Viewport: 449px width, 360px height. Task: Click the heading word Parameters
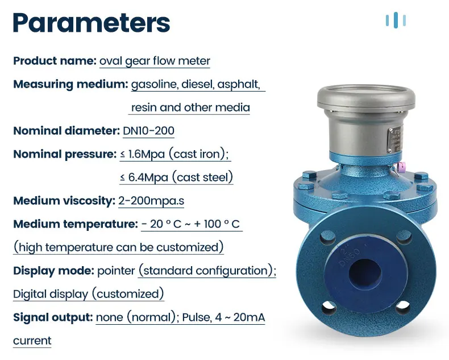click(x=91, y=23)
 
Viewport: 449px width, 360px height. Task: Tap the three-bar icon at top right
click(x=396, y=20)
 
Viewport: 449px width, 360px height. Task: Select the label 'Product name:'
click(x=55, y=61)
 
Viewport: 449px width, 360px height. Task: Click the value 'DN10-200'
click(x=148, y=131)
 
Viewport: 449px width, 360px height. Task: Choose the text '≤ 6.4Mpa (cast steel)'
click(x=176, y=177)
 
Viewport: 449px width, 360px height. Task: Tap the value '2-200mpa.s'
click(x=151, y=201)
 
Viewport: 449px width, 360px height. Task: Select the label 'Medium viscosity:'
click(x=64, y=201)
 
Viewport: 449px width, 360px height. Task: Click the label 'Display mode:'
click(x=53, y=271)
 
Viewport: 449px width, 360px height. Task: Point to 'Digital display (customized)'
click(x=89, y=294)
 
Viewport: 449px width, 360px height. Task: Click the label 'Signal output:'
click(x=53, y=317)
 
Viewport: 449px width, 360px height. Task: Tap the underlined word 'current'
click(x=32, y=341)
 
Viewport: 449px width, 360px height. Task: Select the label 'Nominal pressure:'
click(x=64, y=154)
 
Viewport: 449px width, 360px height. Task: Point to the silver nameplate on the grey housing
click(x=393, y=137)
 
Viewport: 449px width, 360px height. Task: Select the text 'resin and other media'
click(x=190, y=107)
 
